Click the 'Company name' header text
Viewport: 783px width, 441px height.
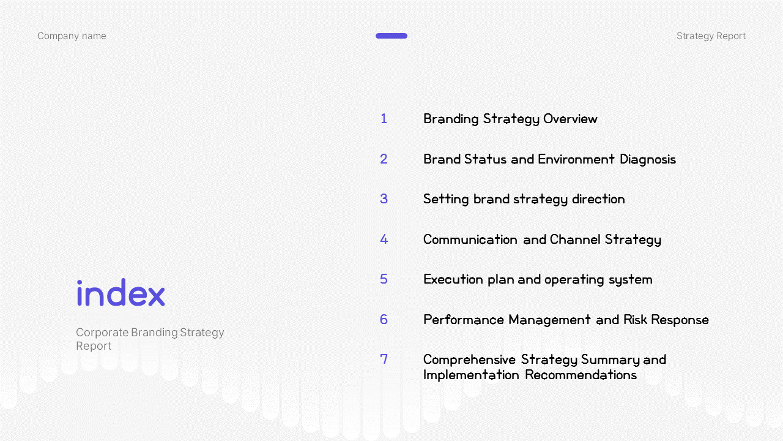[72, 36]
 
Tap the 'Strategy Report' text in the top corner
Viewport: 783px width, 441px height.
[711, 36]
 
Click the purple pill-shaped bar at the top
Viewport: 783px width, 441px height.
[391, 36]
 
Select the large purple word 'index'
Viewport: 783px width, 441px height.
[121, 293]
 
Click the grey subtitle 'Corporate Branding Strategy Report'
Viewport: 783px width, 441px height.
[150, 339]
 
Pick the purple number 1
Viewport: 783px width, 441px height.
[384, 119]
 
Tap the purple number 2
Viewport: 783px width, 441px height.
[384, 159]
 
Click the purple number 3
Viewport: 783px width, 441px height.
[384, 199]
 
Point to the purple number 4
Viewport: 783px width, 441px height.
[384, 239]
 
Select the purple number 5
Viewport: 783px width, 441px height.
[384, 279]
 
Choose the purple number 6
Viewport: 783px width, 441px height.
[384, 319]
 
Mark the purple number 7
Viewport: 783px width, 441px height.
[384, 359]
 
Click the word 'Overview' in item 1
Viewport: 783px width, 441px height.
[571, 119]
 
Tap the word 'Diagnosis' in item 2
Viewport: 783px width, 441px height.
[648, 160]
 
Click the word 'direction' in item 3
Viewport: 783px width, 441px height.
[598, 199]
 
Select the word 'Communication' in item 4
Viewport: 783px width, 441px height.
[470, 239]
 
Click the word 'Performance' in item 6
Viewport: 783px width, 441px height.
[464, 320]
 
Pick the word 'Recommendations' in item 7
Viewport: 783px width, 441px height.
[581, 375]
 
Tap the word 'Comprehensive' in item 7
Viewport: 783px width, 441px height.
[469, 360]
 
